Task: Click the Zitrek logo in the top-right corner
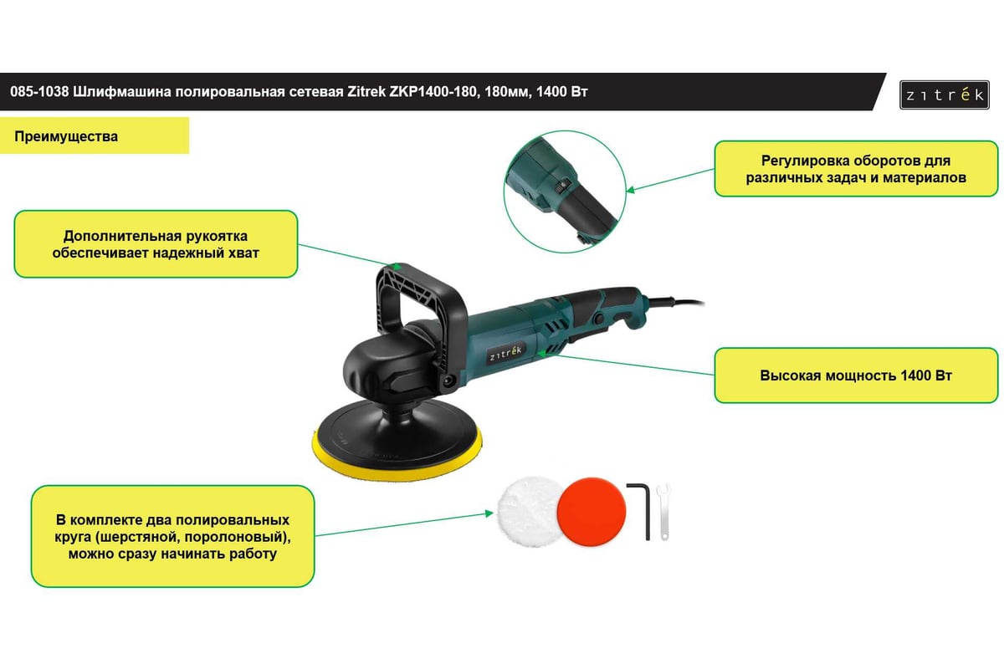pos(945,94)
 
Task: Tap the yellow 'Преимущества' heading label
pos(94,135)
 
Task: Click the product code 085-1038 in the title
pos(39,92)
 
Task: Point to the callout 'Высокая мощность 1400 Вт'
pos(856,375)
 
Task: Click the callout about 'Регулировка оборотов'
pos(856,169)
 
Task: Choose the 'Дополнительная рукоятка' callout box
pos(156,244)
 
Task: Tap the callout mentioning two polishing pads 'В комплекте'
pos(172,536)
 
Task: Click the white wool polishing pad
pos(529,512)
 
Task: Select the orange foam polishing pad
pos(592,511)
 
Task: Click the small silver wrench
pos(663,512)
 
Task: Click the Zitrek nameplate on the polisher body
pos(505,354)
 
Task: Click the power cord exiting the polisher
pos(677,302)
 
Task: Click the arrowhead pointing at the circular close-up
pos(631,190)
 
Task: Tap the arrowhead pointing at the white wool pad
pos(489,513)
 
